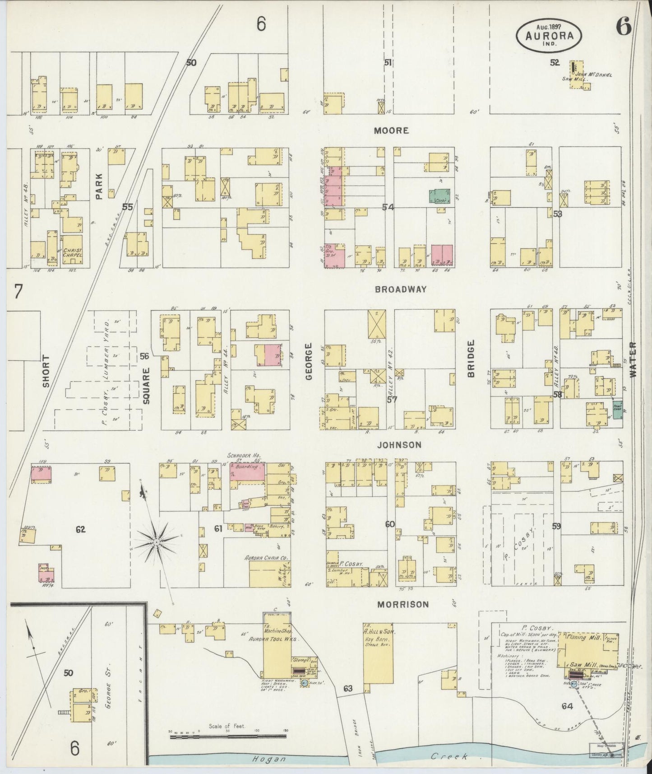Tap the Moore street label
click(391, 131)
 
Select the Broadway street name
click(401, 289)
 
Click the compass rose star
click(156, 541)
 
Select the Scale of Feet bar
click(228, 737)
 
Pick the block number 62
click(80, 529)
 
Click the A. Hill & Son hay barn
click(378, 650)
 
